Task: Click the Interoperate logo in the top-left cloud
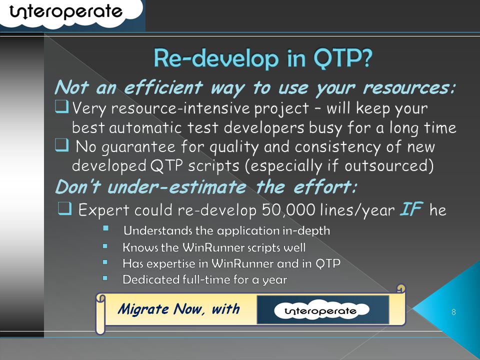66,11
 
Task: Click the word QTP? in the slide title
343,57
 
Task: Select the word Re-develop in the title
216,58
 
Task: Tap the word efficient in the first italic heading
163,87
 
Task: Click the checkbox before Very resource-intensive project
61,107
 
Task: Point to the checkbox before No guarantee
61,145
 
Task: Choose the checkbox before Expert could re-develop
64,208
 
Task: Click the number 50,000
288,210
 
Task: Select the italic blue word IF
411,209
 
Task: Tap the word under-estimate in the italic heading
176,186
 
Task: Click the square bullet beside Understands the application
105,228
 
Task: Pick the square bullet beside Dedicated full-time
105,278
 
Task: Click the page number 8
453,312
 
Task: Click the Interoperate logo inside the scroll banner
321,310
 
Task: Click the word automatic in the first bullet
145,127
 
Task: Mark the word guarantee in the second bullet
138,147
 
